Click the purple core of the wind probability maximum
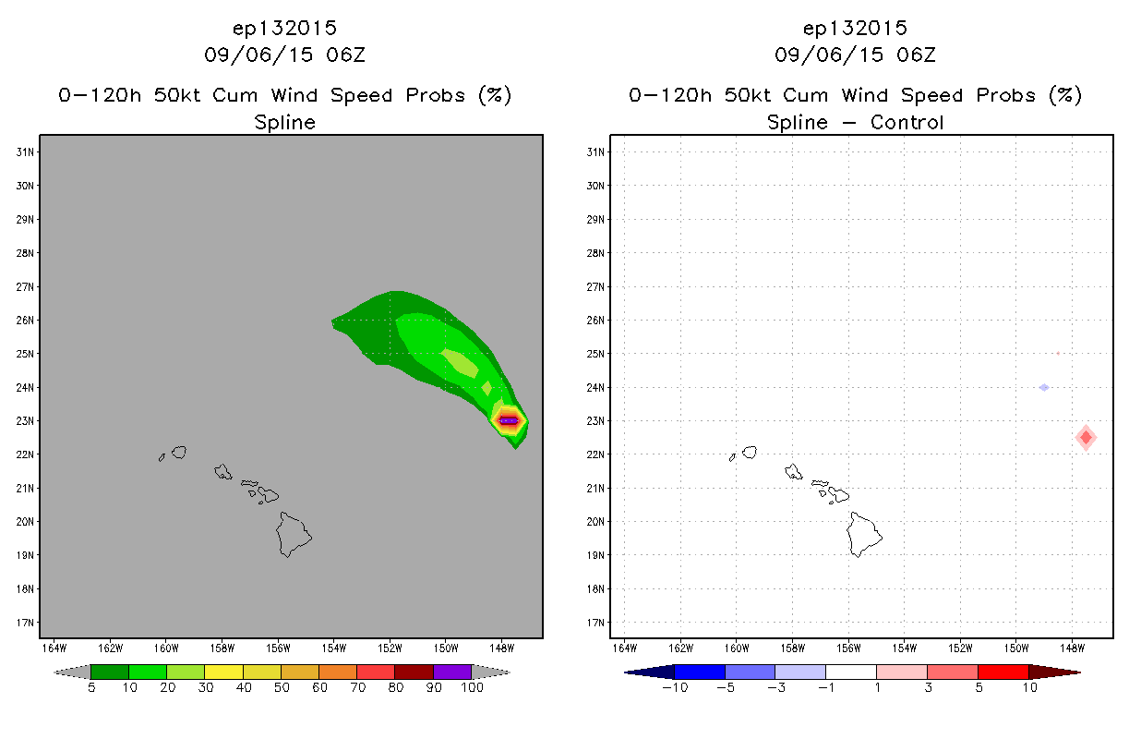click(x=509, y=420)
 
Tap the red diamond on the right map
click(x=1086, y=437)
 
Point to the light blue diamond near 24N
click(x=1044, y=387)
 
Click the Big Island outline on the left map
click(x=294, y=535)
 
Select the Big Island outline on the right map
click(x=864, y=535)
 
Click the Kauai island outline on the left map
click(x=179, y=452)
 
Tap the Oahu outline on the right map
click(x=794, y=472)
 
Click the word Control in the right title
click(x=907, y=122)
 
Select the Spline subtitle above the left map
click(x=284, y=123)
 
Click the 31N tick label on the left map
click(x=25, y=151)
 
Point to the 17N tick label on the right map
click(x=595, y=623)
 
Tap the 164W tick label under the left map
click(x=54, y=648)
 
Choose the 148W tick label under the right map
click(x=1073, y=648)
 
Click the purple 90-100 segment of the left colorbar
click(x=452, y=672)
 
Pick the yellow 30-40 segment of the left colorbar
click(x=223, y=672)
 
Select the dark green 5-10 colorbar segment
click(x=110, y=672)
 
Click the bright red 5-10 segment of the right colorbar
click(x=1003, y=672)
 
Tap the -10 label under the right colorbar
click(x=675, y=687)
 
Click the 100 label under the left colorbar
click(x=472, y=687)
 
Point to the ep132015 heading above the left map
click(x=284, y=29)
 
